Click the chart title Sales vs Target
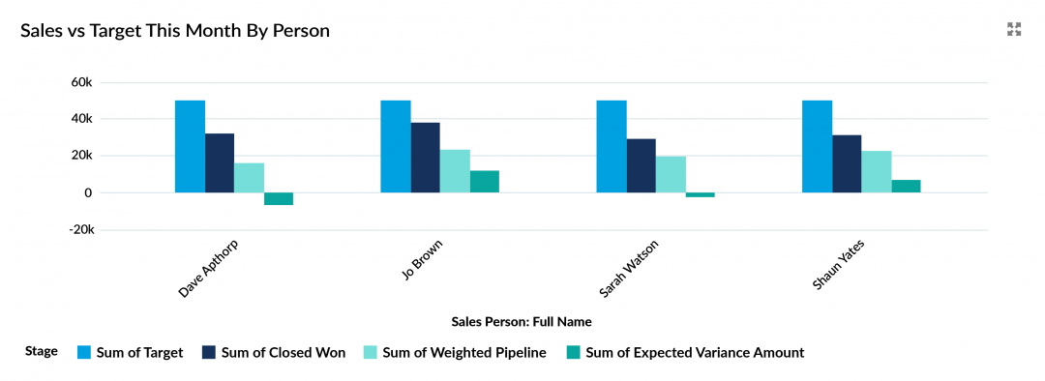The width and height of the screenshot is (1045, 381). click(175, 31)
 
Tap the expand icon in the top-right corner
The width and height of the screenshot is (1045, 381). click(1014, 29)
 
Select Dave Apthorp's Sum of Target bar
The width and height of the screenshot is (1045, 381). click(190, 146)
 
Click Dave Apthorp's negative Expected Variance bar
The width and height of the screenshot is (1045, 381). click(279, 198)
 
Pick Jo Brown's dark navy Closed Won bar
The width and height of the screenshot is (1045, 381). click(425, 158)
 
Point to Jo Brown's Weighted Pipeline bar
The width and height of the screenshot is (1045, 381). click(455, 171)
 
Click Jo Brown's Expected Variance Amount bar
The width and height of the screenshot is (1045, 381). click(485, 182)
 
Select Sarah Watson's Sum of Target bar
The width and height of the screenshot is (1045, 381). click(612, 146)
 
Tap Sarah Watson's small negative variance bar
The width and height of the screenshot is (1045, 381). click(700, 194)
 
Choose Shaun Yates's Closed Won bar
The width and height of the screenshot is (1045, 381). click(847, 163)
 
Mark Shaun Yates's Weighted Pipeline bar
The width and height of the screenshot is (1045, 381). click(877, 172)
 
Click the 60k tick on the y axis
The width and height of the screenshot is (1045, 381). click(81, 82)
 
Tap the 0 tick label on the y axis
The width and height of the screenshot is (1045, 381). click(88, 193)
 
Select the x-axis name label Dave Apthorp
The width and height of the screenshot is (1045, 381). click(208, 269)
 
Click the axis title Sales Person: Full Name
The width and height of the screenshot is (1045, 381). click(522, 321)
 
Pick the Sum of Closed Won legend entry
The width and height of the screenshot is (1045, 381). click(274, 353)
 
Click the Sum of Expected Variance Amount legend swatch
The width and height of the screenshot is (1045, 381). click(574, 353)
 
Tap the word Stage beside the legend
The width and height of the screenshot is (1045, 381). click(42, 352)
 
